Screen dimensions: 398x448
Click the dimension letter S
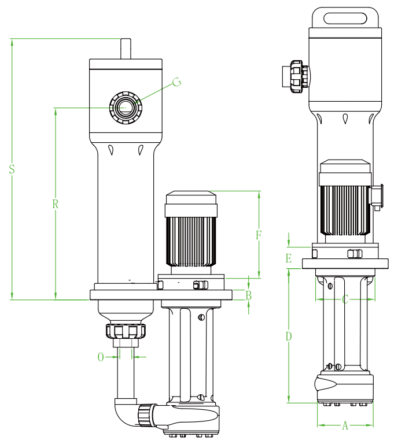[x=12, y=169]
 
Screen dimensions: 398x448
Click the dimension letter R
[x=55, y=204]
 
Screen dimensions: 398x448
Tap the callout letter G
[x=176, y=82]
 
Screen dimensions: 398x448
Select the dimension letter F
[x=259, y=235]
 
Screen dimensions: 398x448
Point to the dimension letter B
[x=249, y=295]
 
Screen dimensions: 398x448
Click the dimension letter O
[x=101, y=357]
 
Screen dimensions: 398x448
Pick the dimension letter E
[x=289, y=258]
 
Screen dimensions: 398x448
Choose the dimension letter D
[x=289, y=336]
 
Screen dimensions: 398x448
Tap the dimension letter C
[x=345, y=299]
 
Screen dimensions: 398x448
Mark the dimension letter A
[x=345, y=425]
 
